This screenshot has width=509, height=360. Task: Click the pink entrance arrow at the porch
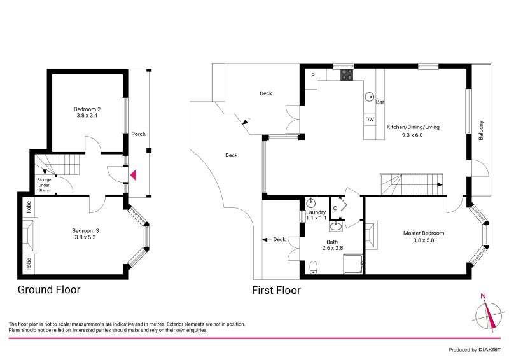(x=133, y=174)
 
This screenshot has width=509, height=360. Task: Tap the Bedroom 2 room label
(x=88, y=109)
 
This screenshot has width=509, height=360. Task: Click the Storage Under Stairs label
(x=43, y=184)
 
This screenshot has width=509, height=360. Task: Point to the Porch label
(x=138, y=134)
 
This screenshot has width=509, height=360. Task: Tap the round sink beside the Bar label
(x=370, y=97)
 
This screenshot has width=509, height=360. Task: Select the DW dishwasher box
(x=369, y=120)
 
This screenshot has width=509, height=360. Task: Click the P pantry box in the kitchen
(x=313, y=76)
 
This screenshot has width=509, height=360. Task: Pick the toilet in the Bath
(x=313, y=268)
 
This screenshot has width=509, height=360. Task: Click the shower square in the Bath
(x=354, y=262)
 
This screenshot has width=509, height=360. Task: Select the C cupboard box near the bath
(x=335, y=208)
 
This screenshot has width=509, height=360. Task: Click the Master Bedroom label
(x=424, y=233)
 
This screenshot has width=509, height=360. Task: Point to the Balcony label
(x=482, y=130)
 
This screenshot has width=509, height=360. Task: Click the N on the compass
(x=484, y=296)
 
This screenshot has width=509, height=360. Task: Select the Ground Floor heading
(x=48, y=290)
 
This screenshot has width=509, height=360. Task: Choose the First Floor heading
(x=277, y=290)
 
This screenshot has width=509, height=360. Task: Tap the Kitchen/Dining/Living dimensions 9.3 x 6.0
(x=413, y=135)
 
